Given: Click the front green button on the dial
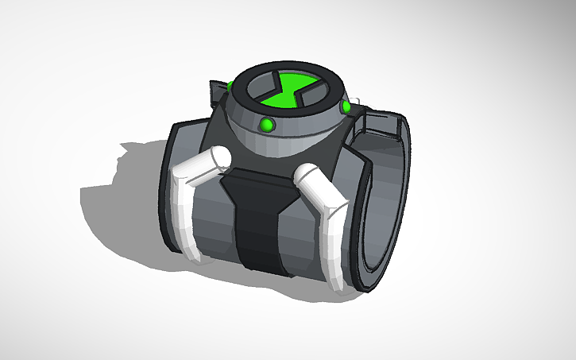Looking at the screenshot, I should coord(268,124).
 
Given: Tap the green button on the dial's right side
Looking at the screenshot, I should coord(346,106).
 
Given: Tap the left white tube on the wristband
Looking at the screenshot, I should coord(192,191).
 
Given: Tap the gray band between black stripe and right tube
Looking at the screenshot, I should coord(298,238).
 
